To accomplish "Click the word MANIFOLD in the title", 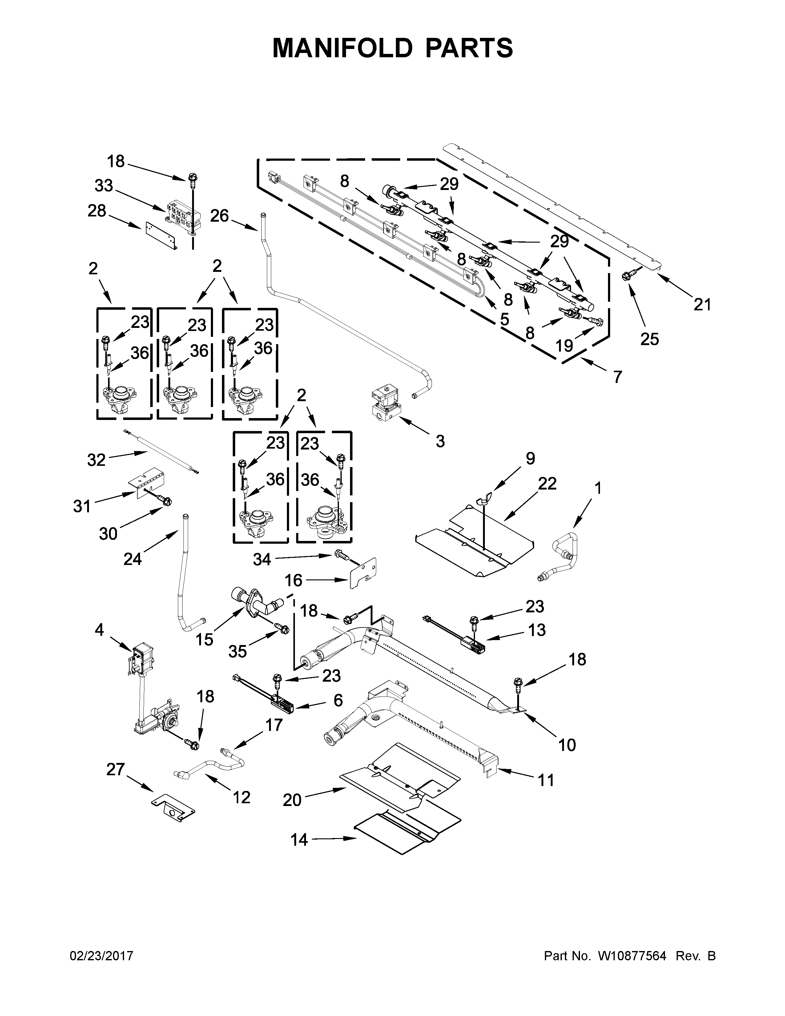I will [342, 48].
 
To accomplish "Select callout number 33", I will [104, 186].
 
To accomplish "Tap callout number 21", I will [702, 305].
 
